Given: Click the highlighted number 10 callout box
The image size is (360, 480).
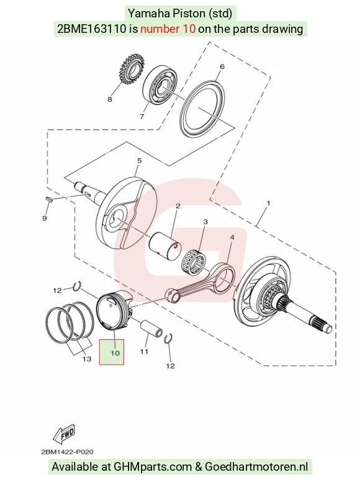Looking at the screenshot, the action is tap(112, 352).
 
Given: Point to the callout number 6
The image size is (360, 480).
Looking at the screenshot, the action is tap(222, 67).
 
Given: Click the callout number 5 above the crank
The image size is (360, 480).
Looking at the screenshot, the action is tap(140, 161).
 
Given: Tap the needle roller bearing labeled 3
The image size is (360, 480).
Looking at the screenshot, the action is tap(194, 262).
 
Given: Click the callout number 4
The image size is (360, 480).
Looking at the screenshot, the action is tap(232, 238).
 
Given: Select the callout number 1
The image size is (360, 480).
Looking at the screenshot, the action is tap(269, 203).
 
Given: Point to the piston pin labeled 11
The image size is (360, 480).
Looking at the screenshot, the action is tap(151, 329).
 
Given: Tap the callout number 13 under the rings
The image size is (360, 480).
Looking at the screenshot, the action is tap(87, 358).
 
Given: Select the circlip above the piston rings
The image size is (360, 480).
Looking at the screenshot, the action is tap(77, 286).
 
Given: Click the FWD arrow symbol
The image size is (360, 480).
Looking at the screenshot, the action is tap(64, 435).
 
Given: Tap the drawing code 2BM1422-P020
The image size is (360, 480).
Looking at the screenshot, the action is tap(67, 452).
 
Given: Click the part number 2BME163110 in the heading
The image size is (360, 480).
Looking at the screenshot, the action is tap(92, 29).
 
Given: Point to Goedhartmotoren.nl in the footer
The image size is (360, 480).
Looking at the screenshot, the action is tap(256, 467).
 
